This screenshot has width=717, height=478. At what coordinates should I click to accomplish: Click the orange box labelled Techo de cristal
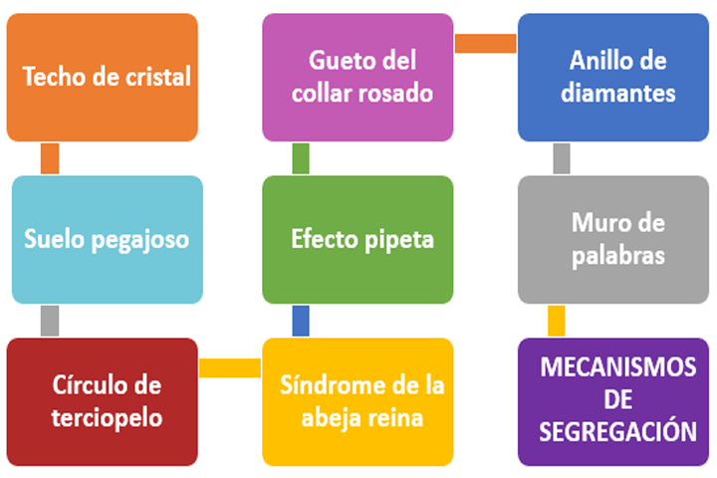tap(102, 78)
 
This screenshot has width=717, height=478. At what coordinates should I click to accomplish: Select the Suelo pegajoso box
tap(108, 240)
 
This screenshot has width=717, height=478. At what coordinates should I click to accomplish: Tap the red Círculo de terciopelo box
tap(102, 402)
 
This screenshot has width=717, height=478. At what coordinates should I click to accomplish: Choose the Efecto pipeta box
tap(358, 240)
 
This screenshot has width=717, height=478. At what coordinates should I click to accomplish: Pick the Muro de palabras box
tap(613, 240)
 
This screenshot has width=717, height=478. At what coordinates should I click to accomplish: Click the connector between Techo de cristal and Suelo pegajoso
tap(50, 158)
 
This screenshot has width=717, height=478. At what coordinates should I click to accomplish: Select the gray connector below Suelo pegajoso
tap(50, 321)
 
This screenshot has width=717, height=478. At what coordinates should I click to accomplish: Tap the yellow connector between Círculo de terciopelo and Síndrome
tap(230, 367)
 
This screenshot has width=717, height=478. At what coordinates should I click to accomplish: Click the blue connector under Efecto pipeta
tap(301, 321)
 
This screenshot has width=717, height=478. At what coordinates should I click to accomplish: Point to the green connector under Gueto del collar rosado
tap(301, 158)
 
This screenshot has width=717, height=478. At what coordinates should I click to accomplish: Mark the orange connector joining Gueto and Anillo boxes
tap(486, 44)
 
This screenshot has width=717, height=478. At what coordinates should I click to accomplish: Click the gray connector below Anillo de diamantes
tap(562, 158)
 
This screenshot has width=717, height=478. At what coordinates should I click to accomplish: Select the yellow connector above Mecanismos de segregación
tap(556, 321)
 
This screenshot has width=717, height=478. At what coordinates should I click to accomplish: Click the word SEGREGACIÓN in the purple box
tap(617, 431)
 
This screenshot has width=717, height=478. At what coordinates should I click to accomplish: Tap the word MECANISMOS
tap(618, 366)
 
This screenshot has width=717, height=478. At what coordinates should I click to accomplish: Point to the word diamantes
tap(618, 93)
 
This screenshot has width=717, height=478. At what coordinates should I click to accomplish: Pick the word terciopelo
tap(107, 418)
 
